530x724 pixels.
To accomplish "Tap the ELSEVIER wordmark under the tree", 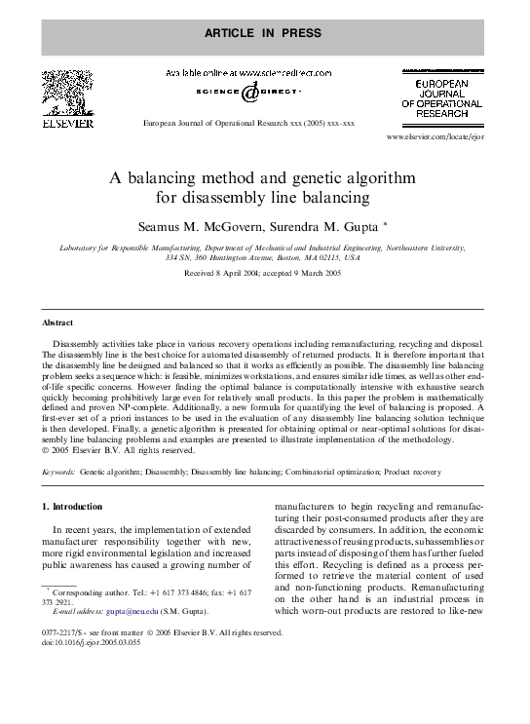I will [x=66, y=124].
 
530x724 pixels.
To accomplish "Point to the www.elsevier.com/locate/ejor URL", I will [x=435, y=138].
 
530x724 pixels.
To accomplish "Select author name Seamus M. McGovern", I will [x=197, y=226].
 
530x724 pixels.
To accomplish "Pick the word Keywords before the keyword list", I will [x=59, y=471].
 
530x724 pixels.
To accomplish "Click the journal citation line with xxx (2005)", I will [x=248, y=125].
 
